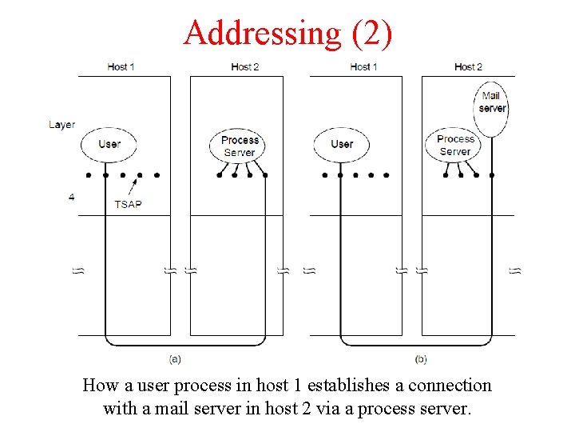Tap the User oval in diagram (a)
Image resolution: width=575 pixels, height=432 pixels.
[109, 144]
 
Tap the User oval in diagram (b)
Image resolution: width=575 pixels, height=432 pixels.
[341, 144]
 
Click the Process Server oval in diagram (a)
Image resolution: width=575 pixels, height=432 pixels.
[240, 146]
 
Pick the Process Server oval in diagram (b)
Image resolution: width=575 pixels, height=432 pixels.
[455, 145]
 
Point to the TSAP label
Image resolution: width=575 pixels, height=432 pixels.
[128, 204]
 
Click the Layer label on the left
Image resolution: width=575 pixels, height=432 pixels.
[61, 125]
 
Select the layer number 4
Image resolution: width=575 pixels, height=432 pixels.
[72, 196]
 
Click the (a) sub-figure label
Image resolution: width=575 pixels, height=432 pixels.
[176, 358]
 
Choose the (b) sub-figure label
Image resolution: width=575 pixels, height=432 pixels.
[422, 358]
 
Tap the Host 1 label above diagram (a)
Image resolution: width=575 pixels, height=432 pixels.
[121, 66]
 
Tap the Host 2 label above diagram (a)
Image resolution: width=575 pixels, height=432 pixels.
[244, 66]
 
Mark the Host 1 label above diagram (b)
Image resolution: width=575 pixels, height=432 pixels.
[364, 66]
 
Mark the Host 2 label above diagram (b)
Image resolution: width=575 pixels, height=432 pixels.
[468, 66]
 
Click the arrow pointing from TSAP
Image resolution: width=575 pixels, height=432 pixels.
[135, 186]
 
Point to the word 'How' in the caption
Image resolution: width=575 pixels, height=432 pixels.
[101, 386]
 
